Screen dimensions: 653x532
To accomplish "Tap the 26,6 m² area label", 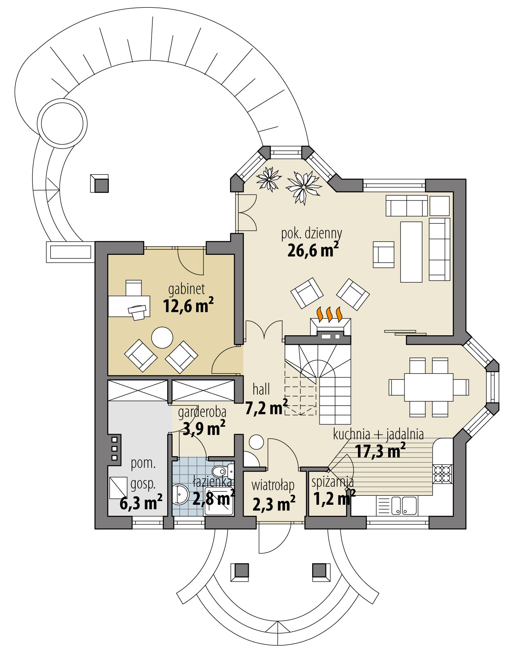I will [x=313, y=250].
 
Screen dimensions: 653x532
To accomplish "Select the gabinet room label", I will [x=187, y=289].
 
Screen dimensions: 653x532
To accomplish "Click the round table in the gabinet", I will [x=162, y=337].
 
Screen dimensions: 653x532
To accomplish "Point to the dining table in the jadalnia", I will [x=429, y=387].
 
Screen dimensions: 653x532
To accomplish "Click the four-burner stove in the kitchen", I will [x=443, y=474].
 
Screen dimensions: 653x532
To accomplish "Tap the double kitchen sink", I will [x=404, y=505].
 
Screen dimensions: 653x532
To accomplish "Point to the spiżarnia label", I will [x=332, y=482].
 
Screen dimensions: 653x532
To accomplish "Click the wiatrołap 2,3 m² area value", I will [x=273, y=504].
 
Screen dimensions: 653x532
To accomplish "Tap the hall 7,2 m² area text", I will [x=266, y=407].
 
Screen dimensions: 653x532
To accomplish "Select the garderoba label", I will [x=202, y=412].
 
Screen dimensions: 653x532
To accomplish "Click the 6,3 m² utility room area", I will [x=141, y=503].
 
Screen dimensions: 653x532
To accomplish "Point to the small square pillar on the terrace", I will [x=99, y=183].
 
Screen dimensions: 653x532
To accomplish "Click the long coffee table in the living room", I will [x=411, y=252].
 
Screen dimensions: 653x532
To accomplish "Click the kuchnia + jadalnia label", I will [x=378, y=434].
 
